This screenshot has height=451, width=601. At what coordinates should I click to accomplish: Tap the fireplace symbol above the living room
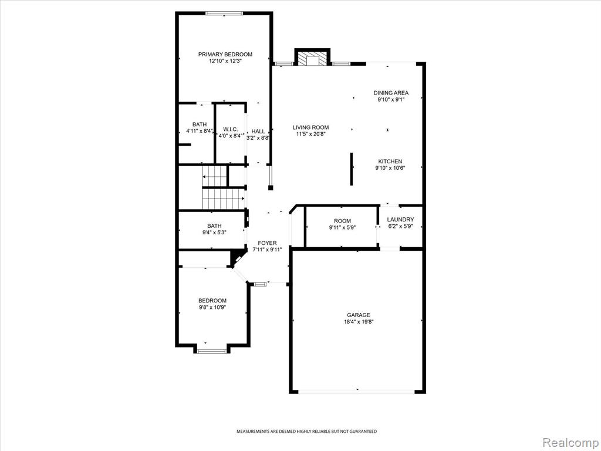[312, 58]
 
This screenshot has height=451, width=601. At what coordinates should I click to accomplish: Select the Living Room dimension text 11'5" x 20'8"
[310, 134]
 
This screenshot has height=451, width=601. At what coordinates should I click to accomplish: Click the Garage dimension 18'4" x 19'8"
[359, 322]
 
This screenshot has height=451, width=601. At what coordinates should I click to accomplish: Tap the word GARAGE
[359, 315]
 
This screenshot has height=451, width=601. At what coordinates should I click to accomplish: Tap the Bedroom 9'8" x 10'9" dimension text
[212, 307]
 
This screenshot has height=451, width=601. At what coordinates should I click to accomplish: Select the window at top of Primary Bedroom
[224, 14]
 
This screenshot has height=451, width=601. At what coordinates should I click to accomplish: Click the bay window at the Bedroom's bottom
[212, 351]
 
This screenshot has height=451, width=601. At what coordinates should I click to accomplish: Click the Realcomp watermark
[570, 442]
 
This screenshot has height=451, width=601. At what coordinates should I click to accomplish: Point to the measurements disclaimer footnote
[306, 432]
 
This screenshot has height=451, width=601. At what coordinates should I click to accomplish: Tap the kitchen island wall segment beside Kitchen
[352, 169]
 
